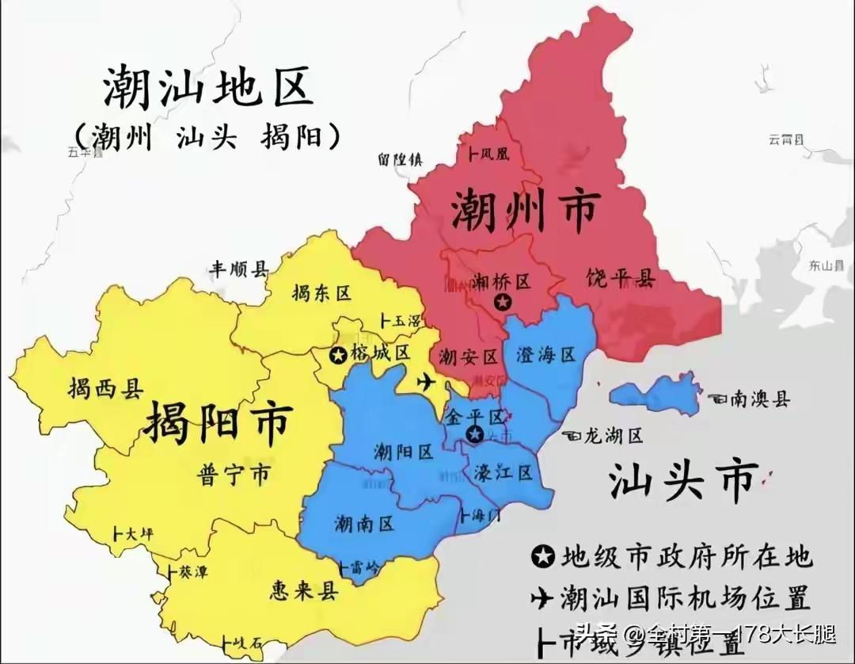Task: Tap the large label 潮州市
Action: point(525,210)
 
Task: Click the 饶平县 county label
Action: point(621,278)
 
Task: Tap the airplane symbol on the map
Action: point(426,383)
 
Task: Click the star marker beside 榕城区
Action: point(338,354)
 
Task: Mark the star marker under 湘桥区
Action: point(501,301)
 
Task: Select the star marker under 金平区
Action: point(474,433)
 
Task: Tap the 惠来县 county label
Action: point(304,591)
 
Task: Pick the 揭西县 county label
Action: point(104,388)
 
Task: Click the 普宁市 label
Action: point(232,475)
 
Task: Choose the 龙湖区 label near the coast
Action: point(611,435)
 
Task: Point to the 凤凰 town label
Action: point(494,155)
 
